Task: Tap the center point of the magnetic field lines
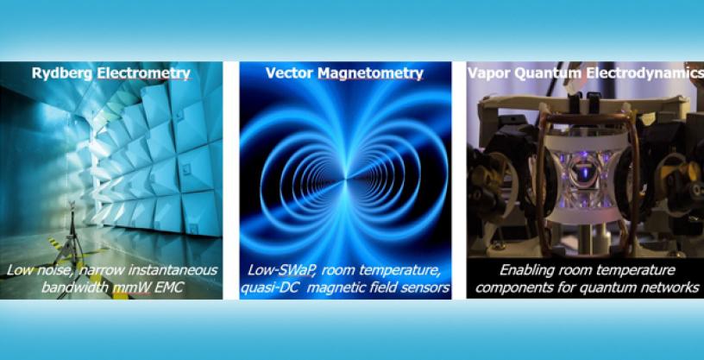345,180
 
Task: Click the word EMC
167,287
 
